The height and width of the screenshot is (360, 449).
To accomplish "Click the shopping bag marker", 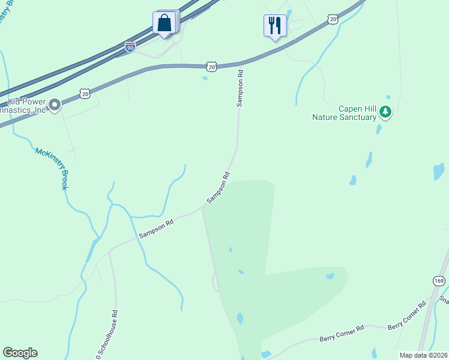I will (164, 23).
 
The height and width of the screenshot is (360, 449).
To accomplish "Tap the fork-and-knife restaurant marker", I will (275, 25).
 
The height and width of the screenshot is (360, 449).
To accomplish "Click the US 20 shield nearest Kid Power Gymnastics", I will (85, 94).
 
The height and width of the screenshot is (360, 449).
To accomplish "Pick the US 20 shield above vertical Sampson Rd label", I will (211, 66).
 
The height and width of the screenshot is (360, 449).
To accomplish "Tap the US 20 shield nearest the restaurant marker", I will (333, 20).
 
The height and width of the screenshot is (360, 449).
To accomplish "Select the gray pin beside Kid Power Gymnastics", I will (55, 106).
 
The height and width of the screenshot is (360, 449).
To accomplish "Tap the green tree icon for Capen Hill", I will (385, 112).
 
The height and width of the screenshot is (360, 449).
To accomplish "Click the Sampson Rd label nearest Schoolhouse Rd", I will (156, 229).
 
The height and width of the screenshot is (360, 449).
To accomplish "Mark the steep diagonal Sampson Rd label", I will (218, 188).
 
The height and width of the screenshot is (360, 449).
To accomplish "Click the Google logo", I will (20, 353).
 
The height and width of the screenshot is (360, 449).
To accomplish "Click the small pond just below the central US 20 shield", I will (205, 77).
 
